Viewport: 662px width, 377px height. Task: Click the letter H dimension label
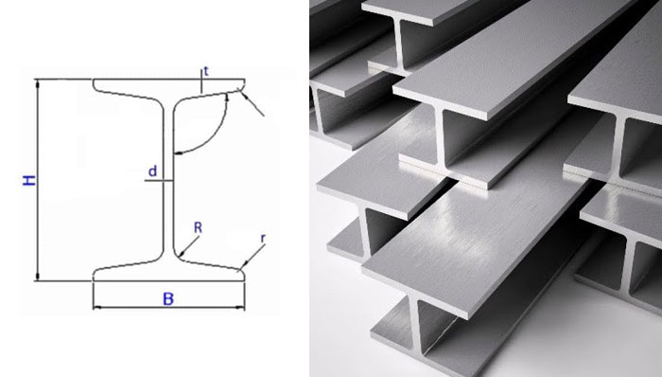coord(28,180)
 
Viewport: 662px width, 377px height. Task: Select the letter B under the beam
coord(168,298)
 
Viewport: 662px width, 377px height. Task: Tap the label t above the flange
coord(206,71)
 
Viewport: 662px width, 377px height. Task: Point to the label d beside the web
coord(152,171)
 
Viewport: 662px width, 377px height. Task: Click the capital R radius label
coord(198,227)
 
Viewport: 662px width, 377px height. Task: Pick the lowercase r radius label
coord(263,239)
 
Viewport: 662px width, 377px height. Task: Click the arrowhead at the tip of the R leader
coord(182,254)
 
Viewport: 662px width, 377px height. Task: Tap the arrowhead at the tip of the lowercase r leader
coord(240,268)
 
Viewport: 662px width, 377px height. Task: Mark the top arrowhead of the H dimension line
coord(38,83)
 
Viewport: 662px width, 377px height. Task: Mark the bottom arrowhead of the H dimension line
coord(38,276)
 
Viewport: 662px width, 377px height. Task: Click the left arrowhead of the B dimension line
coord(97,307)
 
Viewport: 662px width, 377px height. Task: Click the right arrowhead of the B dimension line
coord(240,307)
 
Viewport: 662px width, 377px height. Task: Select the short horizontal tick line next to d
coord(159,181)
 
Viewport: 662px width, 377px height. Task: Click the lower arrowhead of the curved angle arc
coord(179,153)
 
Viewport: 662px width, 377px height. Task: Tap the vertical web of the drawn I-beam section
coord(168,181)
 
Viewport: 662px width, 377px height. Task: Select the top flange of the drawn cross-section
coord(169,88)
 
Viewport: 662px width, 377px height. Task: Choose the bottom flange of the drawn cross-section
coord(169,271)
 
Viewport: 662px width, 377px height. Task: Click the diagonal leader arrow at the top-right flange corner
coord(251,102)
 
